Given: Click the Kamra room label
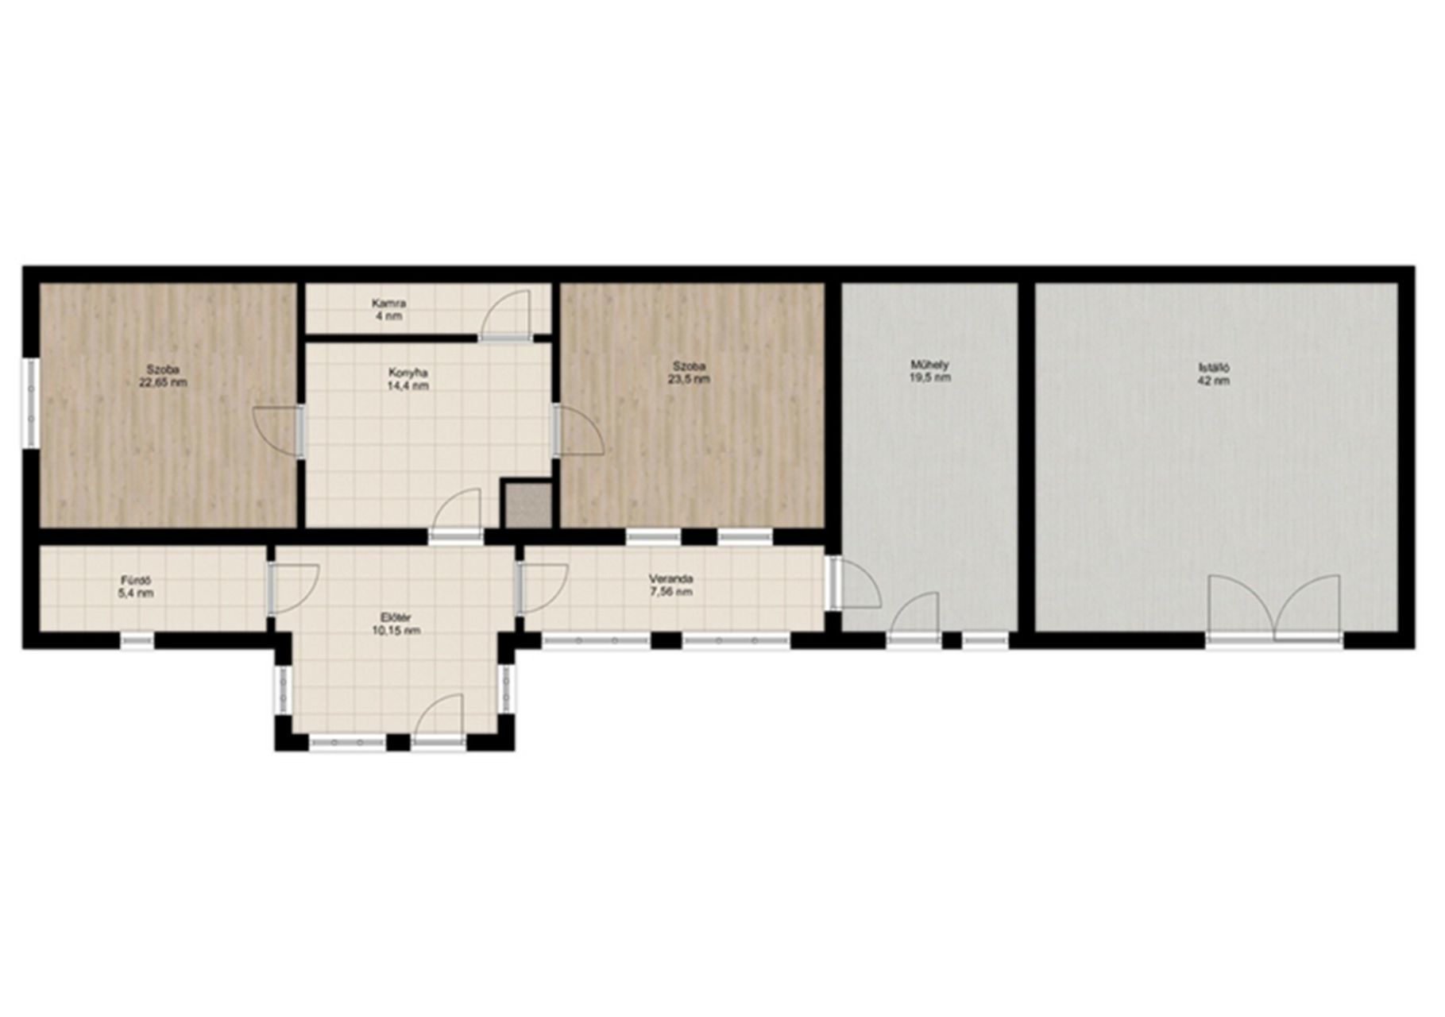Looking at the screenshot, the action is point(389,304).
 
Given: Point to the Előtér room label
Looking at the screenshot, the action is point(396,617).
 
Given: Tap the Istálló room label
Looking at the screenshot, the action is point(1215,367).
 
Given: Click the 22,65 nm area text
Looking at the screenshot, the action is point(163,382).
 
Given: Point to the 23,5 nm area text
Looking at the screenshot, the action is point(690,379).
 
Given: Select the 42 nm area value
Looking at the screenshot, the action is point(1215,381).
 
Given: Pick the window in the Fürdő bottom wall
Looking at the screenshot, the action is point(137,640).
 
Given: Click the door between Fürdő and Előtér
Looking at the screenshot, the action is point(292,588).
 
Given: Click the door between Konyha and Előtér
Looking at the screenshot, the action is point(456,515).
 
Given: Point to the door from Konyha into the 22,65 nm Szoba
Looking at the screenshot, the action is point(279,431).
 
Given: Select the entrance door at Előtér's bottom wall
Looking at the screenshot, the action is point(438,721).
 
